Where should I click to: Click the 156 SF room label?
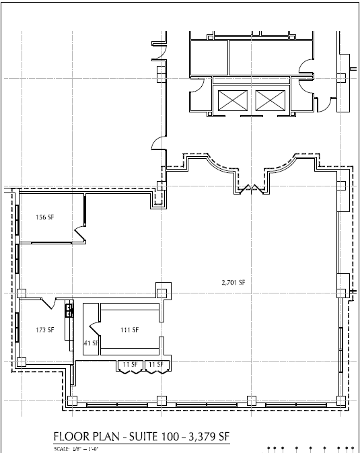(44, 217)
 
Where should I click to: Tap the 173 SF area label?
(44, 330)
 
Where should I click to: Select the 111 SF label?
(129, 330)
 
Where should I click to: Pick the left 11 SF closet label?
(130, 364)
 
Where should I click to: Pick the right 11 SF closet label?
(156, 364)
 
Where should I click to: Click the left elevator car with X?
(229, 101)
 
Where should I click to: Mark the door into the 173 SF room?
(49, 304)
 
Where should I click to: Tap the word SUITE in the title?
(145, 436)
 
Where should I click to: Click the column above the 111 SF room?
(161, 292)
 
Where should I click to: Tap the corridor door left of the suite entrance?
(157, 143)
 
